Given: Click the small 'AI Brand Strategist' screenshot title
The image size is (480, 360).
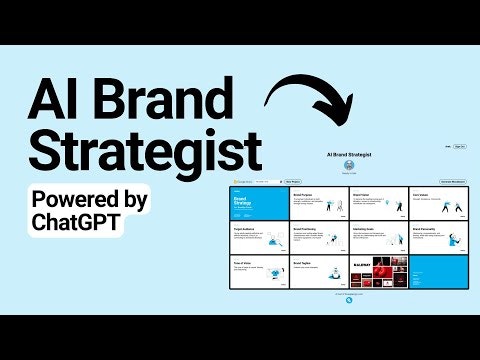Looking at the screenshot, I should click(x=350, y=155).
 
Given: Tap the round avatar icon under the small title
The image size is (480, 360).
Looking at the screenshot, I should click(x=350, y=167).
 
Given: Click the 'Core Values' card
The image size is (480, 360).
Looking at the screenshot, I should click(x=437, y=204).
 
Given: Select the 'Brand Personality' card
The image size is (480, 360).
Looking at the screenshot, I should click(x=437, y=239).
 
